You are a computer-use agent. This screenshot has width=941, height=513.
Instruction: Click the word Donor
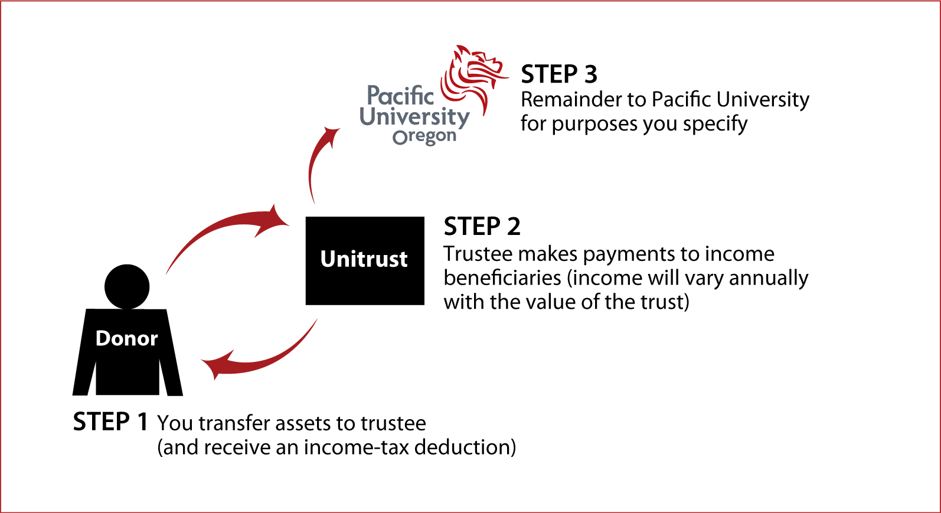click(x=126, y=338)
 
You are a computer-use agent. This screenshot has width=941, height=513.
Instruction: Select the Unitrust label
click(x=364, y=259)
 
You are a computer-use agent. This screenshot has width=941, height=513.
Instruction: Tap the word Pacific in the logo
click(x=400, y=96)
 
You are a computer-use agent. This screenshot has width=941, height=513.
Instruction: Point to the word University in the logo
click(x=414, y=117)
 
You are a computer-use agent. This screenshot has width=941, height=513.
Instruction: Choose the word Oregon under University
click(x=424, y=136)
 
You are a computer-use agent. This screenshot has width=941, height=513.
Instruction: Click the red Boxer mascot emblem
click(x=474, y=76)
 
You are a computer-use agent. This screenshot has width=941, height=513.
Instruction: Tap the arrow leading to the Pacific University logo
click(x=316, y=162)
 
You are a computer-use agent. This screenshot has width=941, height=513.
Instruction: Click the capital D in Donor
click(x=103, y=338)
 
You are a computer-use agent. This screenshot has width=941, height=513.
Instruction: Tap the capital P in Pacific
click(x=373, y=95)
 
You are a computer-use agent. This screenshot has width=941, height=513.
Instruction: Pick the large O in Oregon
click(x=400, y=138)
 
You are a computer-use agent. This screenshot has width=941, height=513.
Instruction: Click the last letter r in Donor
click(x=154, y=340)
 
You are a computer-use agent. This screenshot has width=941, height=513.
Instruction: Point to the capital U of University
click(x=368, y=116)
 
